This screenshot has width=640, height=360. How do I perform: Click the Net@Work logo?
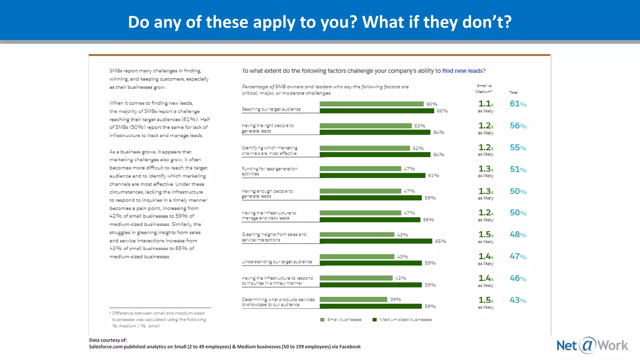pyautogui.click(x=592, y=345)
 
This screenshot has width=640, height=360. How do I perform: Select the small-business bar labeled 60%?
pyautogui.click(x=371, y=104)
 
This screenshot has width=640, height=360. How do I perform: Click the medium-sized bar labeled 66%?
pyautogui.click(x=377, y=111)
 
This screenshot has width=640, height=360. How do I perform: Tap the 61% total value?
pyautogui.click(x=518, y=104)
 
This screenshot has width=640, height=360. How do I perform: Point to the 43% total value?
pyautogui.click(x=518, y=300)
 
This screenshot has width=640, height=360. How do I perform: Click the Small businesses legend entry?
pyautogui.click(x=341, y=320)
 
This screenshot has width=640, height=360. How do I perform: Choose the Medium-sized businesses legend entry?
pyautogui.click(x=402, y=320)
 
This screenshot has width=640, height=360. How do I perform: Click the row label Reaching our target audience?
pyautogui.click(x=271, y=109)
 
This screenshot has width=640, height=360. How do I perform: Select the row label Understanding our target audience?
pyautogui.click(x=277, y=262)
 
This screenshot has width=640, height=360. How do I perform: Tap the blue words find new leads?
pyautogui.click(x=462, y=71)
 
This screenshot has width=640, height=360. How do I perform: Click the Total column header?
pyautogui.click(x=513, y=92)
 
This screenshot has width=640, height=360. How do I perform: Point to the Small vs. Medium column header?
pyautogui.click(x=484, y=88)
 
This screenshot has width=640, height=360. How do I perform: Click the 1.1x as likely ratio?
pyautogui.click(x=486, y=106)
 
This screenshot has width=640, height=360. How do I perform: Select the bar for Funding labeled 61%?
pyautogui.click(x=372, y=176)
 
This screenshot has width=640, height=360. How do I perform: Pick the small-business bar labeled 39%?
pyautogui.click(x=353, y=300)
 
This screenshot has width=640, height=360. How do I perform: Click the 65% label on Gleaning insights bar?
pyautogui.click(x=440, y=241)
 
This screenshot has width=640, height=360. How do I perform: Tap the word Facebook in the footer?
pyautogui.click(x=350, y=347)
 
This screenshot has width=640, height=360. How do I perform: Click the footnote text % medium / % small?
pyautogui.click(x=136, y=326)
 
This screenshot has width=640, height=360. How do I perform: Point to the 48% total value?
pyautogui.click(x=518, y=234)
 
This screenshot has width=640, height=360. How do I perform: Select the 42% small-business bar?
pyautogui.click(x=356, y=278)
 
